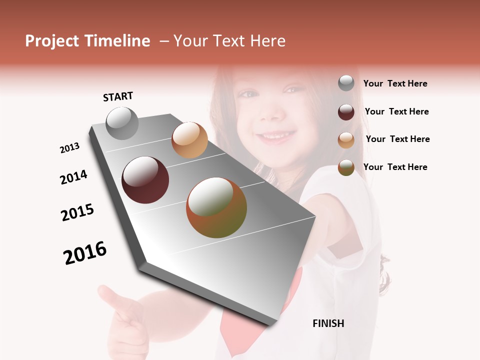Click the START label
118,96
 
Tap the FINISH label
328,323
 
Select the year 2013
70,148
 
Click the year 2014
74,177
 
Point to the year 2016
85,253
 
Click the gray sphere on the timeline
122,123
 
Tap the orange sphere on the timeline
189,140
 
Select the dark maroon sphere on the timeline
145,180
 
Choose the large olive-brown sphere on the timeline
216,207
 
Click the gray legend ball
346,83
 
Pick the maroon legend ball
346,112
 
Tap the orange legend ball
346,140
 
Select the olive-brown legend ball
346,167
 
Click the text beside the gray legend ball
395,83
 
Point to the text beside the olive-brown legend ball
395,167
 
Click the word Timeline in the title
118,41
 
